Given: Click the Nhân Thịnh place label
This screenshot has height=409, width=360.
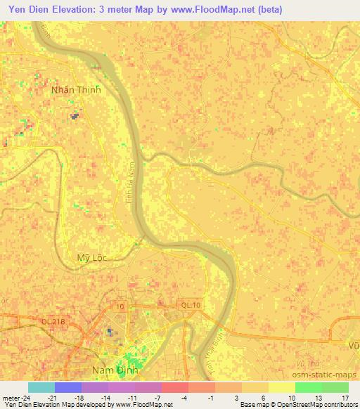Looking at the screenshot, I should point(76,90).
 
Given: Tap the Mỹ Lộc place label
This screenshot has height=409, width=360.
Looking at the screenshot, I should point(91,258).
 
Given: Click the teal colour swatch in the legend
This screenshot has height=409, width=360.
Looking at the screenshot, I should point(41,387).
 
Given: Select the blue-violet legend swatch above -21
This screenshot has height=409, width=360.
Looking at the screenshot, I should point(68,387).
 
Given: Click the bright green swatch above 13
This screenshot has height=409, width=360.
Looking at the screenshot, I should point(308,387).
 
